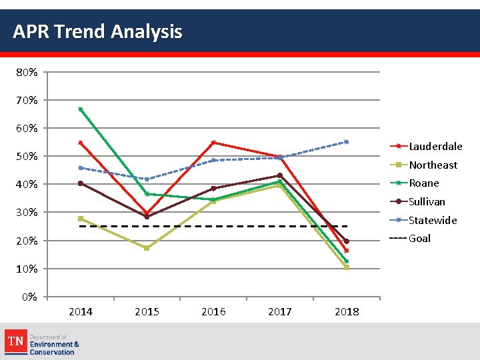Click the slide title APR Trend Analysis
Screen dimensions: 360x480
click(97, 31)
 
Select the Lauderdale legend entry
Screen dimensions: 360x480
click(435, 147)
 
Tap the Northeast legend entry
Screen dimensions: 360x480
click(433, 165)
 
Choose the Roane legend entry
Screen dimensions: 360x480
click(424, 183)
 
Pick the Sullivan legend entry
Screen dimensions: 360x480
click(427, 202)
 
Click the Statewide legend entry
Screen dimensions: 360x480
click(432, 220)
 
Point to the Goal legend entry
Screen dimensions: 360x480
click(419, 239)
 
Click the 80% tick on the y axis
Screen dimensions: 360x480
click(27, 72)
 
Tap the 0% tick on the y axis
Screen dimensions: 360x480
click(30, 297)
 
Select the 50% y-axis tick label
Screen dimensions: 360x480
click(27, 156)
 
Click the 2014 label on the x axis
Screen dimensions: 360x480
click(81, 312)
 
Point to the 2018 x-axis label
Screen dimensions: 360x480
click(347, 312)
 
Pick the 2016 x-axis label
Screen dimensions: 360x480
click(213, 312)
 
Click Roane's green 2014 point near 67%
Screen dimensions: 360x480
click(81, 109)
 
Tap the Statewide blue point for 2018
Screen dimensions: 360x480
click(347, 141)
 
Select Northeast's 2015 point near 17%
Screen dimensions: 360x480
click(147, 248)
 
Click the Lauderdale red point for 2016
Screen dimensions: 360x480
click(213, 142)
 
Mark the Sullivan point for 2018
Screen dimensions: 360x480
click(347, 241)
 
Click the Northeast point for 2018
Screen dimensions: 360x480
click(347, 267)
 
